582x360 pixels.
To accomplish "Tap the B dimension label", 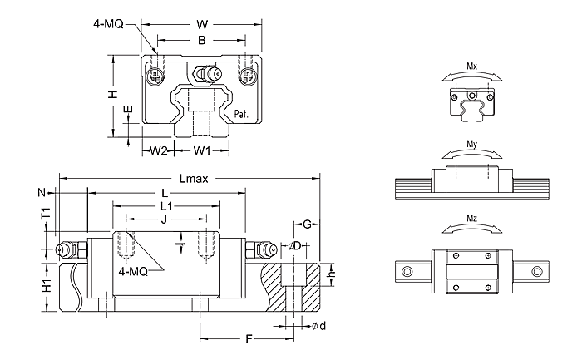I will pyautogui.click(x=200, y=39).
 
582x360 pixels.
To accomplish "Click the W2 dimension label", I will pyautogui.click(x=159, y=151).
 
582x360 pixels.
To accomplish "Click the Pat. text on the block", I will pyautogui.click(x=243, y=114).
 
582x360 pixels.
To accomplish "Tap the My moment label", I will pyautogui.click(x=471, y=143).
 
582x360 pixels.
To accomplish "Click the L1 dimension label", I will pyautogui.click(x=165, y=205).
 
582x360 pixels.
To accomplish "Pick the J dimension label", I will pyautogui.click(x=164, y=219).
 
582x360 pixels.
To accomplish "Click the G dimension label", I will pyautogui.click(x=308, y=224).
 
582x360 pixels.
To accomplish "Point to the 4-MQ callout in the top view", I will pyautogui.click(x=108, y=24).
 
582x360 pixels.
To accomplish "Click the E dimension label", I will pyautogui.click(x=127, y=110).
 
